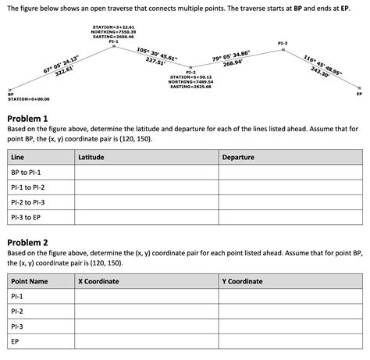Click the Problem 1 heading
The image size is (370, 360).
pyautogui.click(x=29, y=118)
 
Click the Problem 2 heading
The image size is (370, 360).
pyautogui.click(x=29, y=242)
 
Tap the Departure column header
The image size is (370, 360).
pyautogui.click(x=238, y=157)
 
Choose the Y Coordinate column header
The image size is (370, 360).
pyautogui.click(x=242, y=280)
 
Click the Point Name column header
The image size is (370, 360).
pyautogui.click(x=30, y=280)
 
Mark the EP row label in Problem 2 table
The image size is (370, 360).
pyautogui.click(x=16, y=341)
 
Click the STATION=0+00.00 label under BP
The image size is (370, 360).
pyautogui.click(x=28, y=99)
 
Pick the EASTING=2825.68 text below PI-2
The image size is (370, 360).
pyautogui.click(x=191, y=87)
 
